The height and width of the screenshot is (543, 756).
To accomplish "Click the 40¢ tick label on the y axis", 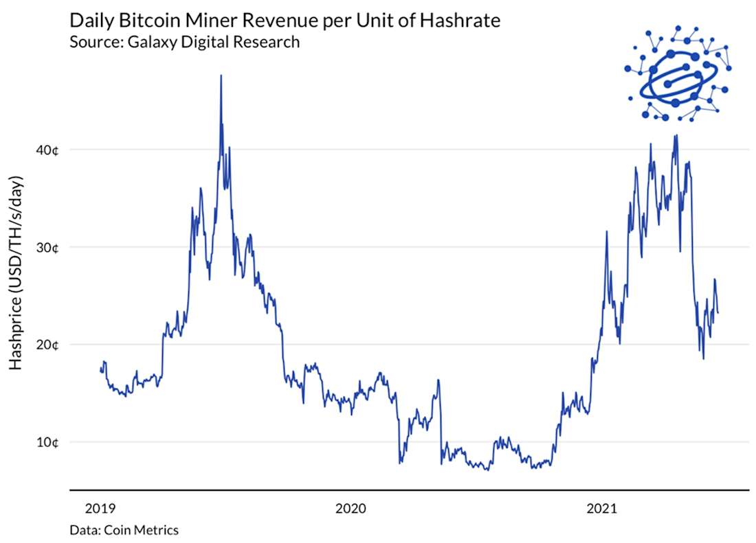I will [x=47, y=150].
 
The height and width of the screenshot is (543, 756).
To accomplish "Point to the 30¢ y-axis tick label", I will [x=47, y=247].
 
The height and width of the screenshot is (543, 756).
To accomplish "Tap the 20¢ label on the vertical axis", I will [x=47, y=345].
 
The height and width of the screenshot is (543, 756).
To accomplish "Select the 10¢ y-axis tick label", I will [x=47, y=442].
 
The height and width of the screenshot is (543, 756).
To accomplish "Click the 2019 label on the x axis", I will [x=101, y=509].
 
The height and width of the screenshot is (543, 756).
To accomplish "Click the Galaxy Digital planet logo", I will [x=678, y=74].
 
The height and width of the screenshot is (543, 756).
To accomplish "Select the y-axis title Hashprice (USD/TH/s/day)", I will [x=16, y=273].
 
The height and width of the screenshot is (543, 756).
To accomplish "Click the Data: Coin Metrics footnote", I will [x=124, y=530].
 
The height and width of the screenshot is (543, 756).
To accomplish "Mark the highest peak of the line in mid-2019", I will [x=221, y=76].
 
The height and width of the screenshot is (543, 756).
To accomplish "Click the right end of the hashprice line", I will [x=718, y=313].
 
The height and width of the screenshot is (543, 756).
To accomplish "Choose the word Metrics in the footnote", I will [x=157, y=530].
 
